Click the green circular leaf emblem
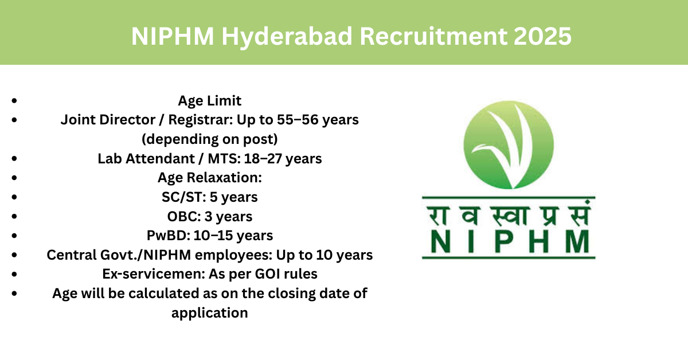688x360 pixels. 509,144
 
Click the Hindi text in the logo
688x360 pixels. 509,213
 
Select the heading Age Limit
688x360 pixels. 209,101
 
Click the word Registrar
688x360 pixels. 201,120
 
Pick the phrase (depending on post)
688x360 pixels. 209,139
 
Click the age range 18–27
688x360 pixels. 264,158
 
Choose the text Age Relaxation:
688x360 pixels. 209,178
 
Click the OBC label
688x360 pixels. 184,217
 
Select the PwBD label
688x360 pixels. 169,236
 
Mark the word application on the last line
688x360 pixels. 209,313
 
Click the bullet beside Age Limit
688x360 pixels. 14,100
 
